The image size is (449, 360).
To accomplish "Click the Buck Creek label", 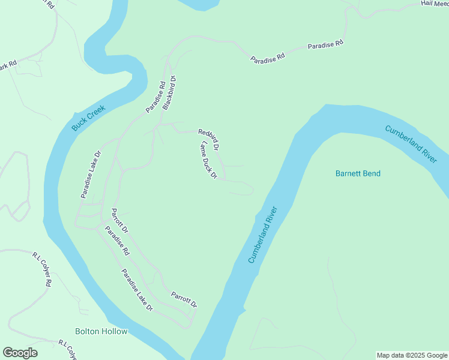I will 88,118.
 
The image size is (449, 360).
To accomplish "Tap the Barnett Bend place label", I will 358,174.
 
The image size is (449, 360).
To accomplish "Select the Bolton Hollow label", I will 101,331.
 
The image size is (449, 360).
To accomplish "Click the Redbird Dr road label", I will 209,139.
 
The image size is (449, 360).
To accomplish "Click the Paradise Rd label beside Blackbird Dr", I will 155,98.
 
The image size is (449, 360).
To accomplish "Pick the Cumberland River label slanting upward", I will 264,235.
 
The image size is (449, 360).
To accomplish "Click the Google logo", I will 20,353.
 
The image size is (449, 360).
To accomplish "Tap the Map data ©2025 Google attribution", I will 412,355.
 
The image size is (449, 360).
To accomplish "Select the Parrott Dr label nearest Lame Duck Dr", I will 120,221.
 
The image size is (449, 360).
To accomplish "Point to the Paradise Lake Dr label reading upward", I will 91,175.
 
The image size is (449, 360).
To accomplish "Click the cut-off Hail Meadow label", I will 435,4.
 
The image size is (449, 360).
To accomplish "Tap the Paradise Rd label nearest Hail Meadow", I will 325,45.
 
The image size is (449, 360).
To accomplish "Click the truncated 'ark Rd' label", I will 8,65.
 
